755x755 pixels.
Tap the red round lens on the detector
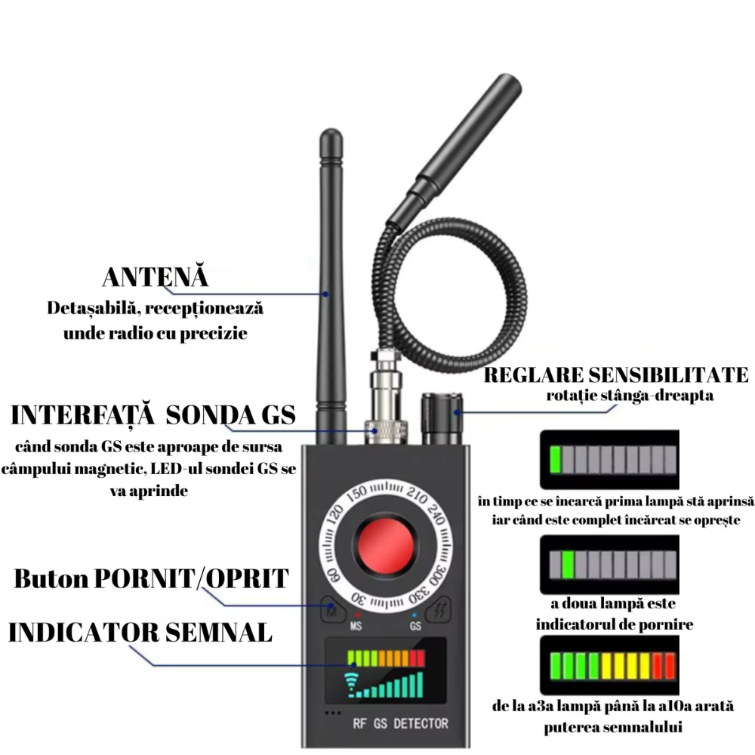tap(385, 546)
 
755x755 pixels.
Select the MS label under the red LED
tap(356, 626)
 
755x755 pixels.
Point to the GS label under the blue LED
tap(415, 626)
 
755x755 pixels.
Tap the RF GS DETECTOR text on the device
tap(401, 724)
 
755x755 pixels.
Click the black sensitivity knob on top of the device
tap(442, 418)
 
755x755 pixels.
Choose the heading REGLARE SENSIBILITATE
tap(616, 375)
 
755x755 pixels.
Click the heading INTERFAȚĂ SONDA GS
tap(153, 415)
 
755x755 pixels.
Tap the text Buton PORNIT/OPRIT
tap(151, 578)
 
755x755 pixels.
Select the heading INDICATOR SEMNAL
tap(140, 632)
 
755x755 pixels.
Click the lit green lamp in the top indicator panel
tap(556, 459)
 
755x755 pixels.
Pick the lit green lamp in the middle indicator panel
tap(569, 565)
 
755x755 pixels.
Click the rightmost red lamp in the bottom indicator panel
tap(670, 666)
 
